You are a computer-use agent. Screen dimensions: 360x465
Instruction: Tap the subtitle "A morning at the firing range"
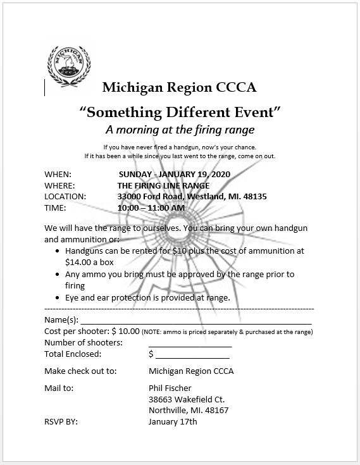tap(180, 130)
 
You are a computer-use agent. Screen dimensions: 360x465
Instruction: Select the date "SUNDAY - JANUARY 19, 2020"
tap(175, 174)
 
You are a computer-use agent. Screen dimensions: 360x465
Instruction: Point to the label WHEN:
tap(58, 174)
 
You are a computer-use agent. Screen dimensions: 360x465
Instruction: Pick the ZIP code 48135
tap(254, 197)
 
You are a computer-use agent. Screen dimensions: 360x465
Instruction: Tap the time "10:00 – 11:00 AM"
tap(151, 208)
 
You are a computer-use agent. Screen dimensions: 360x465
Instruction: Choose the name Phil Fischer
tap(170, 388)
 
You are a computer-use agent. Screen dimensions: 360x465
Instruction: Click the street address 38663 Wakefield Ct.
tap(187, 399)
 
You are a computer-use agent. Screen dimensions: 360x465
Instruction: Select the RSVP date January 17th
tap(173, 421)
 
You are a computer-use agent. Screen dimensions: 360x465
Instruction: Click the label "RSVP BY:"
tap(61, 421)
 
